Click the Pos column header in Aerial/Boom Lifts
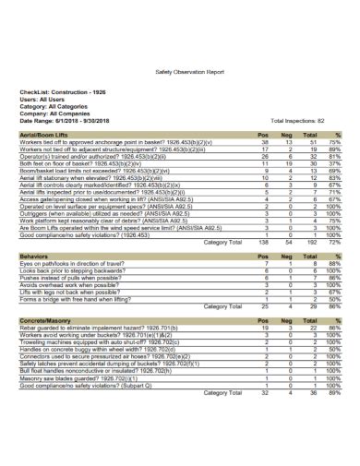[263, 134]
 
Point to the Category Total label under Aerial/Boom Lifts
[222, 241]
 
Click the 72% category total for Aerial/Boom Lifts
[338, 241]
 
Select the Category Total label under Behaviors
[222, 305]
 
